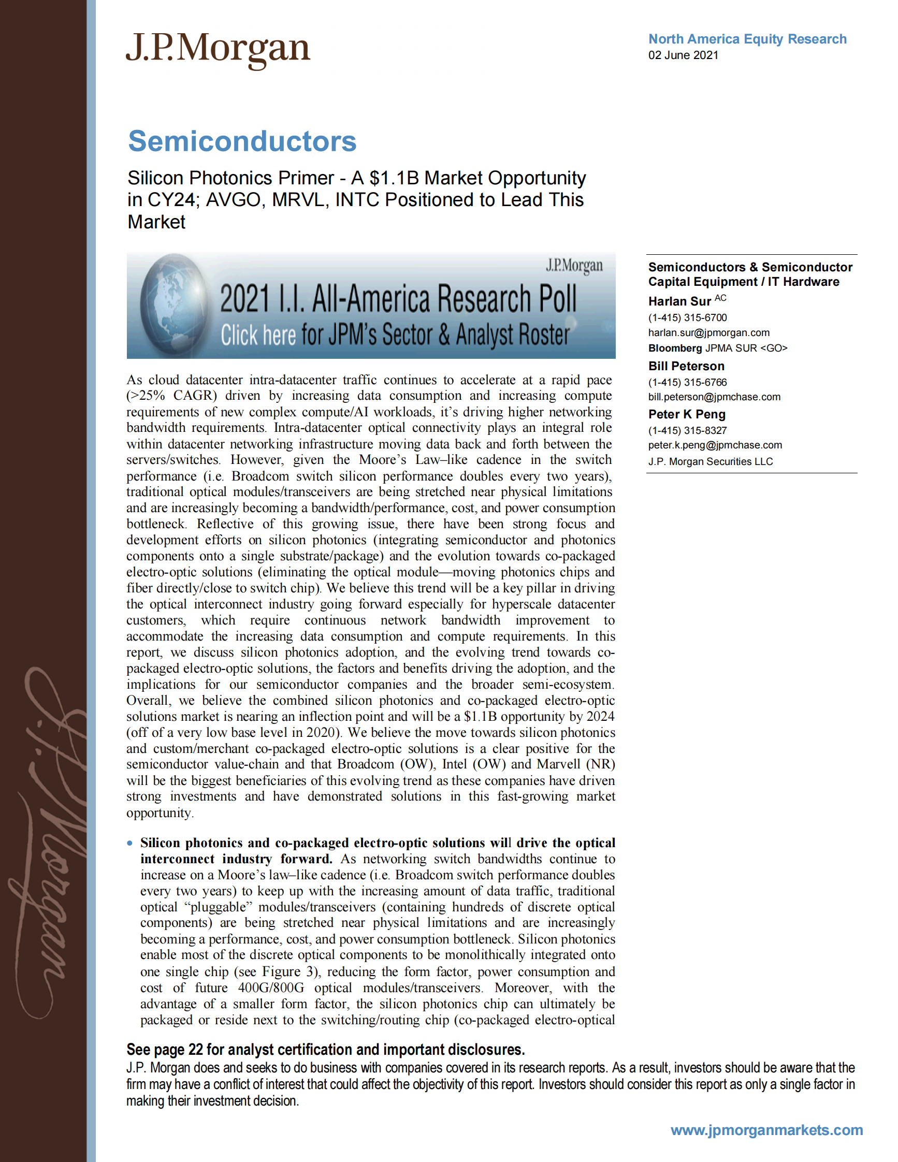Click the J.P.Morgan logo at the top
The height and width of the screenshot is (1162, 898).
click(x=218, y=49)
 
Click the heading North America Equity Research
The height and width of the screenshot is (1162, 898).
click(x=747, y=39)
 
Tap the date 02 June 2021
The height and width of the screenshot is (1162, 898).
click(x=683, y=55)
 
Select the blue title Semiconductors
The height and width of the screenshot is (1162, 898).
click(x=242, y=141)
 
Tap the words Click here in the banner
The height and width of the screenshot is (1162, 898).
click(x=258, y=335)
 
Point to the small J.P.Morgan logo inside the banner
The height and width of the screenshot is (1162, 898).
click(x=574, y=265)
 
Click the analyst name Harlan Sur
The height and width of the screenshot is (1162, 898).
click(x=679, y=302)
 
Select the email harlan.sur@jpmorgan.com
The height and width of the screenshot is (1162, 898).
click(x=708, y=332)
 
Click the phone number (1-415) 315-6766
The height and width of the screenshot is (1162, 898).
click(x=687, y=382)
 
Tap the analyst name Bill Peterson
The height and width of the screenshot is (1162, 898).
click(x=686, y=366)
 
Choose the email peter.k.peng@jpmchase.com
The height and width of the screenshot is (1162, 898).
click(x=715, y=445)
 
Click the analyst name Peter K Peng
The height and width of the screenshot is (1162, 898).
click(x=687, y=414)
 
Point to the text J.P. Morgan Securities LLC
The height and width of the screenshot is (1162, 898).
click(x=710, y=461)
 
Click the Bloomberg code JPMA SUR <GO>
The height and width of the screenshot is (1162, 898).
click(x=746, y=348)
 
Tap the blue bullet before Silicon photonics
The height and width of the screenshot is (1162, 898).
click(x=130, y=843)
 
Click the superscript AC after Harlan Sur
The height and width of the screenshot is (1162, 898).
click(x=720, y=298)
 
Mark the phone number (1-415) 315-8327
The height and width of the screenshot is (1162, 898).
click(x=687, y=430)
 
